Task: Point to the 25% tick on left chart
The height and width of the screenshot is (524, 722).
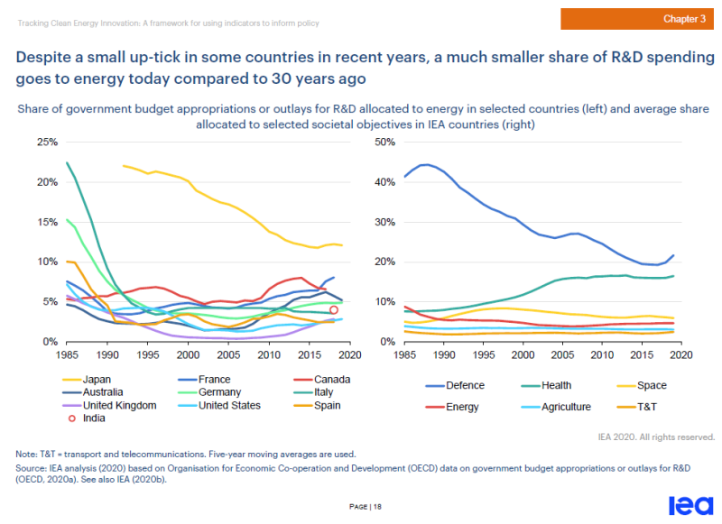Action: (46, 142)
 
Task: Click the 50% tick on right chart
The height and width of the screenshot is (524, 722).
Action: (385, 142)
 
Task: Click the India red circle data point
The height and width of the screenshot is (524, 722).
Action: (334, 309)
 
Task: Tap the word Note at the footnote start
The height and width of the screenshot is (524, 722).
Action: (27, 454)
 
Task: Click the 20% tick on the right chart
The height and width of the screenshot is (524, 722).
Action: (385, 262)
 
